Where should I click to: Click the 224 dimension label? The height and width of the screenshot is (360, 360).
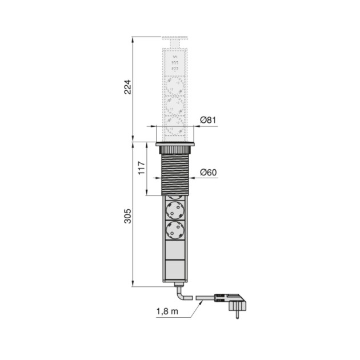129,87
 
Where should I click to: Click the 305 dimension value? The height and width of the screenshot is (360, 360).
129,216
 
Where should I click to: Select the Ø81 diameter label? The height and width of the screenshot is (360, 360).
208,121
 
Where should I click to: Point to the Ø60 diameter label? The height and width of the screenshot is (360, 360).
208,173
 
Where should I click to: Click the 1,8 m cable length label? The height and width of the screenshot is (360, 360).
166,311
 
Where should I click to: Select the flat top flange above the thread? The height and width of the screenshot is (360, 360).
176,145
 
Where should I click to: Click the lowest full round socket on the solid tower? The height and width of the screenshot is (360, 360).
175,231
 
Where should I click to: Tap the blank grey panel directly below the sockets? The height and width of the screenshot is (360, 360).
175,250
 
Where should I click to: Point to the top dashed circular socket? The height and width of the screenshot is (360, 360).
175,86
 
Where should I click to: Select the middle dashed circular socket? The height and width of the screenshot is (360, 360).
175,106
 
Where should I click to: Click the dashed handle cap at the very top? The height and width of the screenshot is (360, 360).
175,41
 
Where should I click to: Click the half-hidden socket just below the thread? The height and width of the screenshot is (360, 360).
175,196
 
